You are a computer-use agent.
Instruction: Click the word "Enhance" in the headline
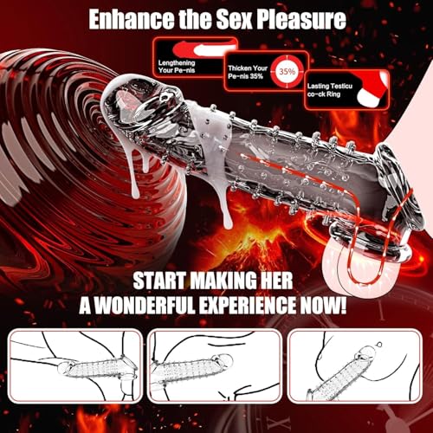click(x=132, y=19)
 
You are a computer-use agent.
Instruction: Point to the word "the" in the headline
click(x=196, y=19)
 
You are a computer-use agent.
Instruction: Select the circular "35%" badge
click(x=287, y=71)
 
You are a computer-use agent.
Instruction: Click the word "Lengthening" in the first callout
click(x=177, y=63)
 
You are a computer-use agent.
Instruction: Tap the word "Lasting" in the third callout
click(x=318, y=86)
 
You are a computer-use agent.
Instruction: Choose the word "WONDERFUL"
click(x=145, y=305)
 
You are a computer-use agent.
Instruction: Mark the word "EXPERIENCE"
click(x=248, y=305)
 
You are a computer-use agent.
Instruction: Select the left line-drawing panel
click(x=75, y=366)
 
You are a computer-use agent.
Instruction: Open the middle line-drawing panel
click(x=215, y=366)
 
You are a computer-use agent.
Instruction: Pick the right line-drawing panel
click(x=354, y=366)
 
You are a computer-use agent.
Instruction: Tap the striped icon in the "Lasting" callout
click(x=372, y=88)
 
